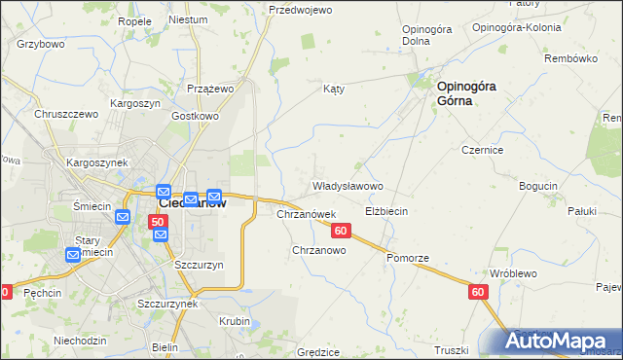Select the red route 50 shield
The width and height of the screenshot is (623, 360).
(x=158, y=223)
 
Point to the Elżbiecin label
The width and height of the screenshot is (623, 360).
(x=385, y=211)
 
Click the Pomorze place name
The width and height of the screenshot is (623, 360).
(x=407, y=258)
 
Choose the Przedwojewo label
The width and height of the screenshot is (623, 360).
(x=301, y=10)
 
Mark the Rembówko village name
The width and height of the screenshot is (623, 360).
(x=571, y=58)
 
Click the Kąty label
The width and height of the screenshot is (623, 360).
(x=334, y=89)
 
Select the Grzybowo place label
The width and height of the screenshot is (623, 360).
(x=40, y=44)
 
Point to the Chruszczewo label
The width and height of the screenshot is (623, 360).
(x=67, y=114)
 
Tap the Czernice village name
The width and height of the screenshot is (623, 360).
(x=482, y=151)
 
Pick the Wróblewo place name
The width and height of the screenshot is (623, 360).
(x=513, y=273)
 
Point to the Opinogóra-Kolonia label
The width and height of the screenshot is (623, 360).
(x=516, y=27)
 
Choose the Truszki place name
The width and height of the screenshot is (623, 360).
(x=452, y=350)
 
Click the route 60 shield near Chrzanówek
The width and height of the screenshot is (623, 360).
(x=340, y=231)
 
